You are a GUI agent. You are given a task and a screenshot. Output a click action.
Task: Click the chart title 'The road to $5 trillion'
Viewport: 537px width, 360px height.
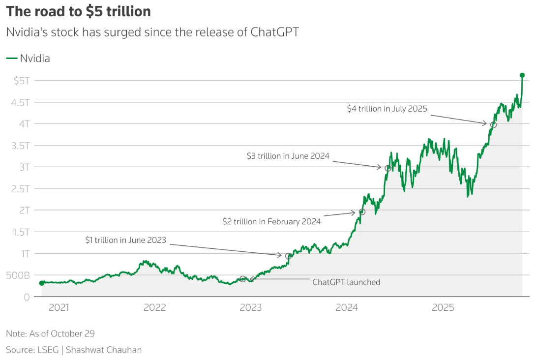click(78, 12)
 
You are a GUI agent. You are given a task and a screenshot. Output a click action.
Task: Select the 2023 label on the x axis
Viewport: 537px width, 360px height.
click(250, 308)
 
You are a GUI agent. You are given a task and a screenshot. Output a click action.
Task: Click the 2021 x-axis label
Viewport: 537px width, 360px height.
click(59, 308)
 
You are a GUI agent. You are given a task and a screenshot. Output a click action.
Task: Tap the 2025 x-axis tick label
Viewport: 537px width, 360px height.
click(443, 308)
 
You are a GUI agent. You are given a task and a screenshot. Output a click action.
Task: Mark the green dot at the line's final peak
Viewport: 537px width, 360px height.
click(522, 75)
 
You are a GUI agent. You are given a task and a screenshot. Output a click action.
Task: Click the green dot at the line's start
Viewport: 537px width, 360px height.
click(41, 283)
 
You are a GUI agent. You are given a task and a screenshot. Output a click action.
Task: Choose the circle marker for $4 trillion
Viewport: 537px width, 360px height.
click(493, 124)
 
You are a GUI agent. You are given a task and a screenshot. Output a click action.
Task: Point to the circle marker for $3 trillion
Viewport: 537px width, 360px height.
click(388, 168)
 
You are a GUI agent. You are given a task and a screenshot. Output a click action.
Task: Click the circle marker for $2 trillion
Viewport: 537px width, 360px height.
click(362, 212)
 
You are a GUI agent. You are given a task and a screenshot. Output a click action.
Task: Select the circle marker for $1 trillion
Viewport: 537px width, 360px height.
click(288, 256)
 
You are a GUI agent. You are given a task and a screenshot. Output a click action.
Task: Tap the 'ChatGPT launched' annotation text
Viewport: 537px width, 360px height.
click(346, 282)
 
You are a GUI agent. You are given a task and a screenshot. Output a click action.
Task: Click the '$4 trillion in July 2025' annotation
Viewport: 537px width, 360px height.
click(387, 109)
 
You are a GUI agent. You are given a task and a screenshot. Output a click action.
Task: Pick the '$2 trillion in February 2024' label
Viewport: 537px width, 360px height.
click(271, 222)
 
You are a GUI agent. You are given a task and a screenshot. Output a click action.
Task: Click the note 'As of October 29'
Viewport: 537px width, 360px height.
click(50, 333)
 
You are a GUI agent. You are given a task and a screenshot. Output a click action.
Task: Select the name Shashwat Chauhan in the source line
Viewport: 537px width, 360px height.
click(103, 350)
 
